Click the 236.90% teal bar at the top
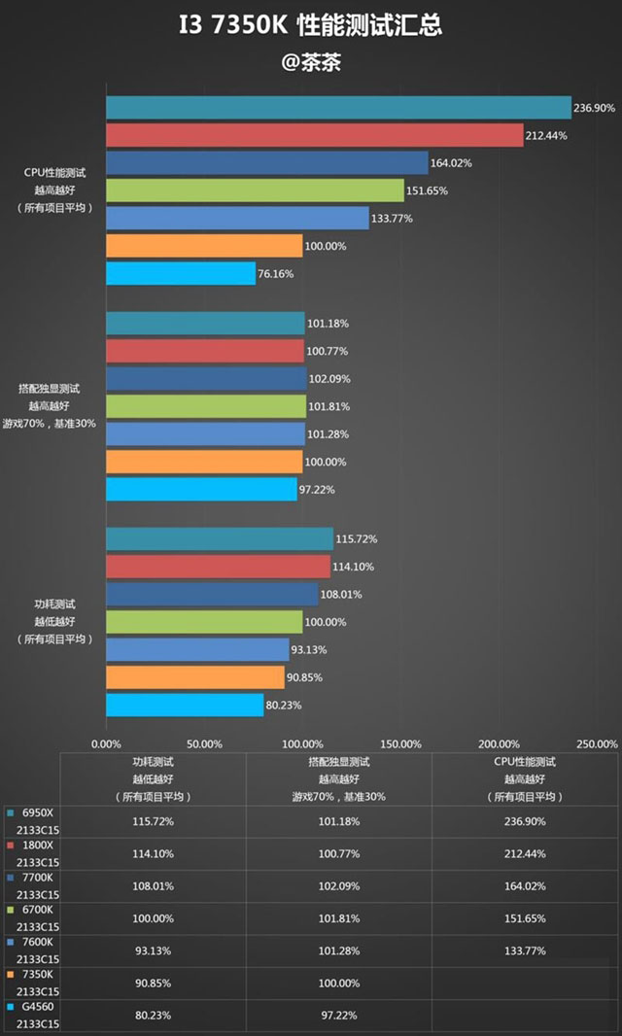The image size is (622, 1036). point(338,108)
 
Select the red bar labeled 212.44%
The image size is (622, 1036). point(314,135)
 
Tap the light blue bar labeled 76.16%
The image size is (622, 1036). point(181,274)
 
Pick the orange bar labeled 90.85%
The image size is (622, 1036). point(194,677)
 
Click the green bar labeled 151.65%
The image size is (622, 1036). point(255,190)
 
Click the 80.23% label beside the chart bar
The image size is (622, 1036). point(284,706)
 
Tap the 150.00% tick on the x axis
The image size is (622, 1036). point(399,743)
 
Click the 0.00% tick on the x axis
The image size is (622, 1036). point(106,743)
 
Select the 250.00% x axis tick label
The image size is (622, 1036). point(596,743)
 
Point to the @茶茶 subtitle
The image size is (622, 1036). point(310,62)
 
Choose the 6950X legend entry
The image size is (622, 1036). point(37,812)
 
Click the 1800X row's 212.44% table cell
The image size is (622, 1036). point(524,854)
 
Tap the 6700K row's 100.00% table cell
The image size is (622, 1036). point(154,920)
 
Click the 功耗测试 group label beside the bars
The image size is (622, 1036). point(54,604)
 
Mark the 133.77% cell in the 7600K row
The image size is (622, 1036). point(524,953)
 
